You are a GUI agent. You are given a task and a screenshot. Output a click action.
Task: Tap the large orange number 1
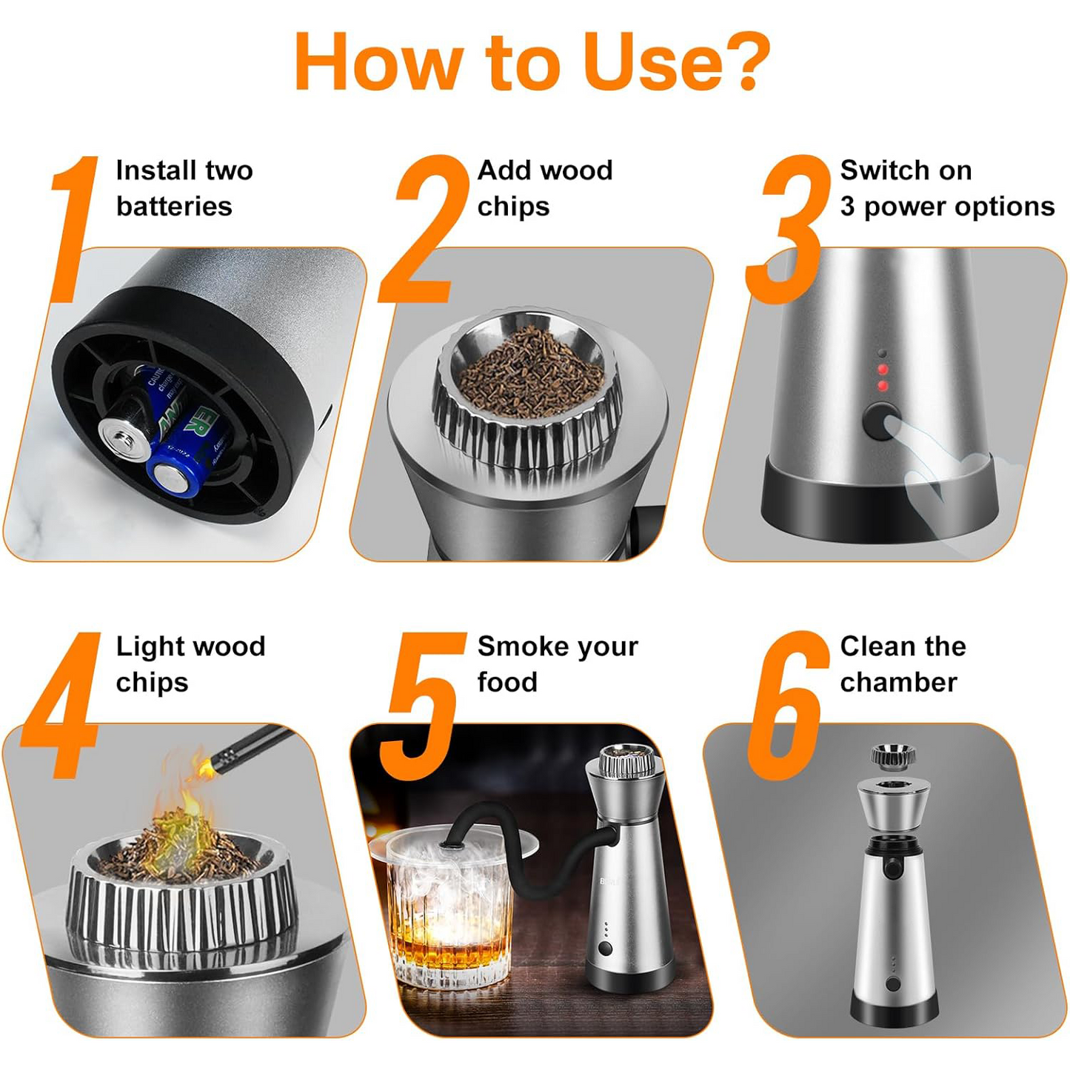click(74, 230)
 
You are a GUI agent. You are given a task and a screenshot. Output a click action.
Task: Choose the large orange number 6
click(786, 707)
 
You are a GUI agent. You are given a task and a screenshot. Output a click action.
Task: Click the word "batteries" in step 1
click(174, 207)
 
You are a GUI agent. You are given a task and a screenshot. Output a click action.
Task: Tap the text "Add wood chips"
click(544, 188)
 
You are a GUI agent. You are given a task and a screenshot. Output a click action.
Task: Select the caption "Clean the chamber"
click(902, 664)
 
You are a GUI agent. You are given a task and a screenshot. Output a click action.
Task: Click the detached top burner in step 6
click(892, 755)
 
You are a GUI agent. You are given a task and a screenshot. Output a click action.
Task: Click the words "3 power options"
click(947, 207)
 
